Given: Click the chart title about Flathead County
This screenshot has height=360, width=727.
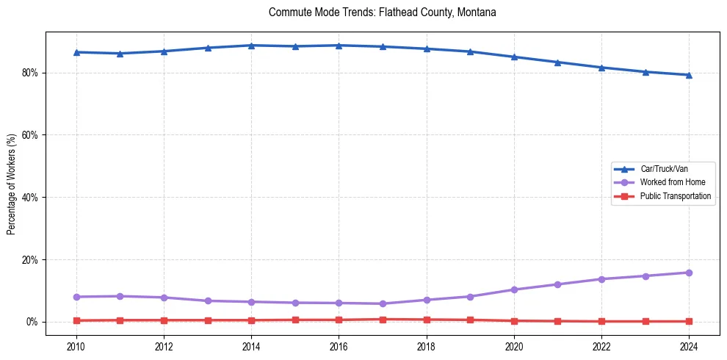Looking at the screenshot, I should (382, 12).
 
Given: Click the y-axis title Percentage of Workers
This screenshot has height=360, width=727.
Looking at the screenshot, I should (12, 184).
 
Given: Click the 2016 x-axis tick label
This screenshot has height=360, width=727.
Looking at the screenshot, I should (339, 346).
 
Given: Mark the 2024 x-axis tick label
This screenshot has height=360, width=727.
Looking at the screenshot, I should (689, 346).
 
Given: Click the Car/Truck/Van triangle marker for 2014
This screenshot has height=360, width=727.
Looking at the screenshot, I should (251, 46).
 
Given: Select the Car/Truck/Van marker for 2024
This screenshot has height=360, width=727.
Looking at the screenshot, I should (689, 75).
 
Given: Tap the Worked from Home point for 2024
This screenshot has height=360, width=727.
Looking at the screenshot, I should (689, 273).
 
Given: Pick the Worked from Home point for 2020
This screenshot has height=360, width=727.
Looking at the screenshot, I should (514, 289).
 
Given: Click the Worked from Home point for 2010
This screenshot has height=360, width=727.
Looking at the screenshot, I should (76, 297).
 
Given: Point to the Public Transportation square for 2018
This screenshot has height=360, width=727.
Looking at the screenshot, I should (427, 320).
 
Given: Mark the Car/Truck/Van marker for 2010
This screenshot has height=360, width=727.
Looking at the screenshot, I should (76, 52).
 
